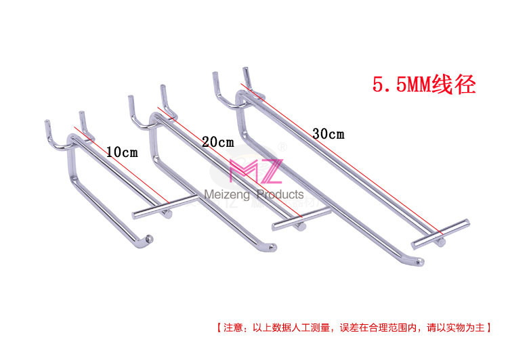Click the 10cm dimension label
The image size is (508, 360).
point(122,152)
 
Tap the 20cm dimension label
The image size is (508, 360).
point(217,142)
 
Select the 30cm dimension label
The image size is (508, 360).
point(328,133)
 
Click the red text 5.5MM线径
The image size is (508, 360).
point(425,86)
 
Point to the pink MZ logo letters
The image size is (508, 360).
point(255,172)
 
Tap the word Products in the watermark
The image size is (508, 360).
point(280,195)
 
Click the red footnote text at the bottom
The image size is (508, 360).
point(354,328)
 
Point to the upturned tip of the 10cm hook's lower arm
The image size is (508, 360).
point(150,238)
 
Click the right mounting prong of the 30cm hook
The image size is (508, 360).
point(247,76)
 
